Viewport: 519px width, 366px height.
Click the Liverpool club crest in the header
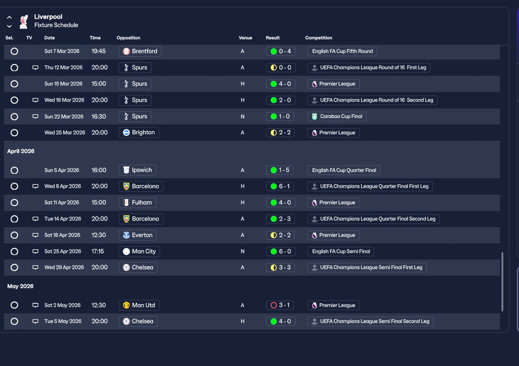24,21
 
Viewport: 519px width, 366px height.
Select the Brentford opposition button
140,51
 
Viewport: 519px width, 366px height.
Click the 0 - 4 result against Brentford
281,51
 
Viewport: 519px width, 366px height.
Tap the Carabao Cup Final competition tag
337,116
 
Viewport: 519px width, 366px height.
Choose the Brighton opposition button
139,132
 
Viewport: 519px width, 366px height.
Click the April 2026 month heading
21,151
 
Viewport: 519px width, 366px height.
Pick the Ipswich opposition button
137,170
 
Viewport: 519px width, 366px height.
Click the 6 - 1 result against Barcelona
280,186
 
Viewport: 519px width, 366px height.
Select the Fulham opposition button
137,203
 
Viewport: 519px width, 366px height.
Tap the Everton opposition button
137,235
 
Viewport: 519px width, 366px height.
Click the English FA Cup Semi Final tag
341,251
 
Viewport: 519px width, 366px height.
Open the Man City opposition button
139,251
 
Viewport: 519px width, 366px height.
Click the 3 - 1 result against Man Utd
280,305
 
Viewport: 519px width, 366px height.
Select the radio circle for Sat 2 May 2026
14,305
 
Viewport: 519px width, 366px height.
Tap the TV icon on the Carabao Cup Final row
35,116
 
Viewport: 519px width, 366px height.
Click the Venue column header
245,38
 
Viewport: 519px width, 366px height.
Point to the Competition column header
319,38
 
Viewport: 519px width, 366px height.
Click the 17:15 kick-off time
98,251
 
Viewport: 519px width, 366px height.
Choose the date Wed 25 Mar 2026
64,132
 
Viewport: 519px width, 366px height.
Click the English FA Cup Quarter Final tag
344,170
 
